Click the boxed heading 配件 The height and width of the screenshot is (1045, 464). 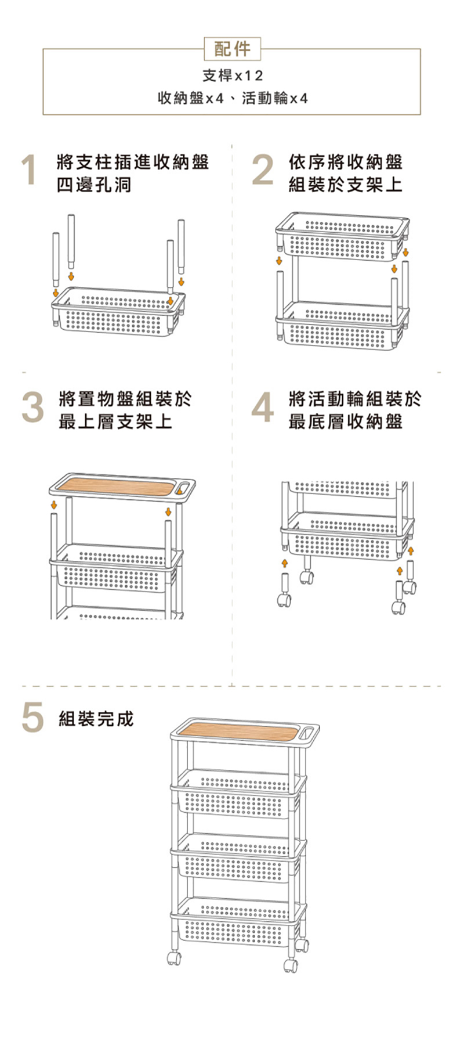[x=232, y=49]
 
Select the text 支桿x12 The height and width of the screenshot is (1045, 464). [x=232, y=76]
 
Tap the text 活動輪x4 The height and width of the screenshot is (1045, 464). [x=274, y=98]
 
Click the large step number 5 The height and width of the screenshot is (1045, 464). [x=32, y=718]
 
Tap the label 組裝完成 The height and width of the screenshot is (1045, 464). [x=96, y=719]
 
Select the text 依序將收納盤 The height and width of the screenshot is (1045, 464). [x=346, y=161]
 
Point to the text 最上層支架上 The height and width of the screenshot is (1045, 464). [x=115, y=421]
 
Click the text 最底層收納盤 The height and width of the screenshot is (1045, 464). [x=346, y=421]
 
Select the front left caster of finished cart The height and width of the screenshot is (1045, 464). [x=173, y=958]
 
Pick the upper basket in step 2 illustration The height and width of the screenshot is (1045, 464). [x=342, y=235]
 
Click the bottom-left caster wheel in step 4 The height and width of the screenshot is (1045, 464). [x=284, y=599]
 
